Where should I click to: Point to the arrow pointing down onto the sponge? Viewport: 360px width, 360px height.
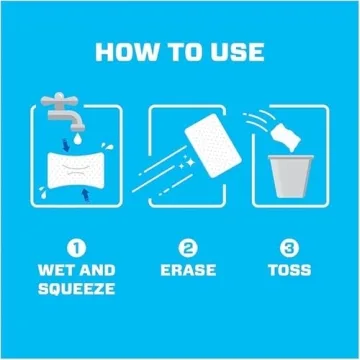click(67, 146)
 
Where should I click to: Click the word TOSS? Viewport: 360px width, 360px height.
click(289, 270)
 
